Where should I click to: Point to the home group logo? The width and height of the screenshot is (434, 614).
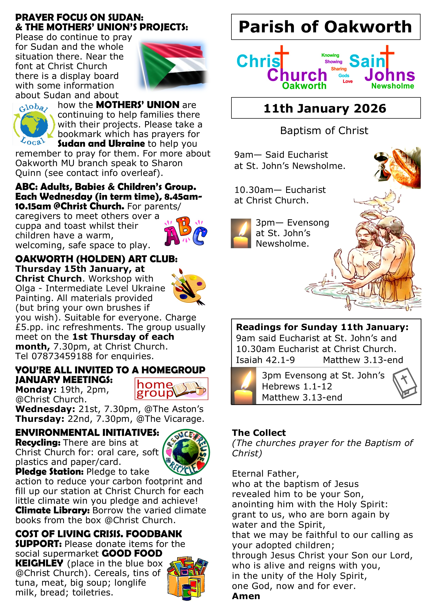171,389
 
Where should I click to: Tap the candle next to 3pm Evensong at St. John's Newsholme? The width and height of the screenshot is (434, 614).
241,233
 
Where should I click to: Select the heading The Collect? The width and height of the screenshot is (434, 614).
259,433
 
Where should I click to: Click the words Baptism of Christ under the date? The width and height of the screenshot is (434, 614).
324,131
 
